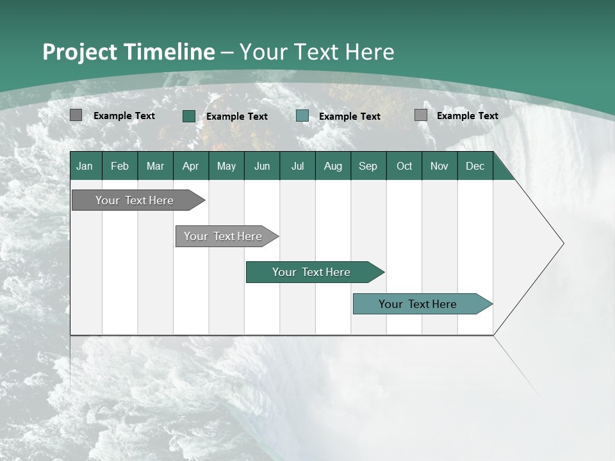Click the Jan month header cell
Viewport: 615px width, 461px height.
(x=85, y=166)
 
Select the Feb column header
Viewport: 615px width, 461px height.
(x=120, y=166)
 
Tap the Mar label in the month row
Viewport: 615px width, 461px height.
(x=155, y=166)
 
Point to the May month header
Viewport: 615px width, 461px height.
(x=226, y=166)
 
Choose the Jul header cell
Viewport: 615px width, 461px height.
(x=297, y=166)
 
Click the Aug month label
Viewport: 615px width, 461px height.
(x=332, y=166)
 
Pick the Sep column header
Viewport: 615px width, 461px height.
(x=368, y=166)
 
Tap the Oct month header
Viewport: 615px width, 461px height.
(x=404, y=166)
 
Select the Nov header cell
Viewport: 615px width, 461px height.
(x=439, y=166)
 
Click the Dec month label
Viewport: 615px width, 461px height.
(x=475, y=166)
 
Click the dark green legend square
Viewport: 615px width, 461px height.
(x=189, y=116)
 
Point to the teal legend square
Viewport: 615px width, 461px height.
(x=302, y=116)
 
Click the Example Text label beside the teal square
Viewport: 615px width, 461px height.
(x=350, y=117)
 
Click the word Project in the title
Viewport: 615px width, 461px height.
(x=79, y=52)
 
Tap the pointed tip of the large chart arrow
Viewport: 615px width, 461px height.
(x=562, y=243)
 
